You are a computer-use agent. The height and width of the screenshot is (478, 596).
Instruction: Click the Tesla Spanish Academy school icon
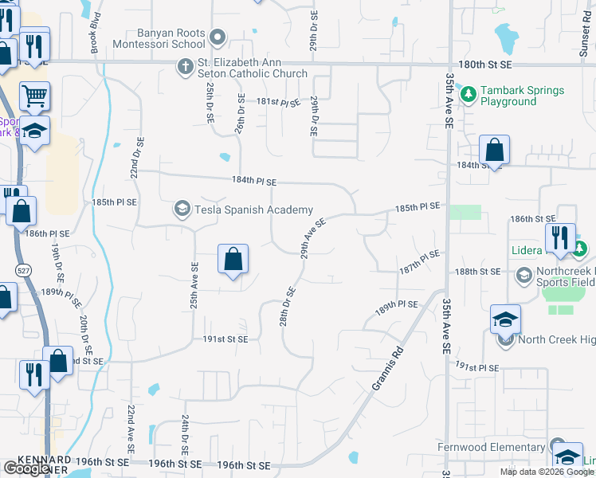click(182, 210)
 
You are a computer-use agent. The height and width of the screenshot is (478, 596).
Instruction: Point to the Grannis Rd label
click(386, 367)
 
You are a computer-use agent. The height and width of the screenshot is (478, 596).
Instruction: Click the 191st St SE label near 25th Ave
click(225, 339)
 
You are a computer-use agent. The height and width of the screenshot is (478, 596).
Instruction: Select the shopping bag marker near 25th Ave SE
click(233, 260)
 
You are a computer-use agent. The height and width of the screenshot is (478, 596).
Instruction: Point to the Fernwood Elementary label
click(490, 447)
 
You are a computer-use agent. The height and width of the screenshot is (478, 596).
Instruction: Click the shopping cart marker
click(34, 96)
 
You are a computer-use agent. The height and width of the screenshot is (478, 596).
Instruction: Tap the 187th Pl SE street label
click(420, 259)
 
